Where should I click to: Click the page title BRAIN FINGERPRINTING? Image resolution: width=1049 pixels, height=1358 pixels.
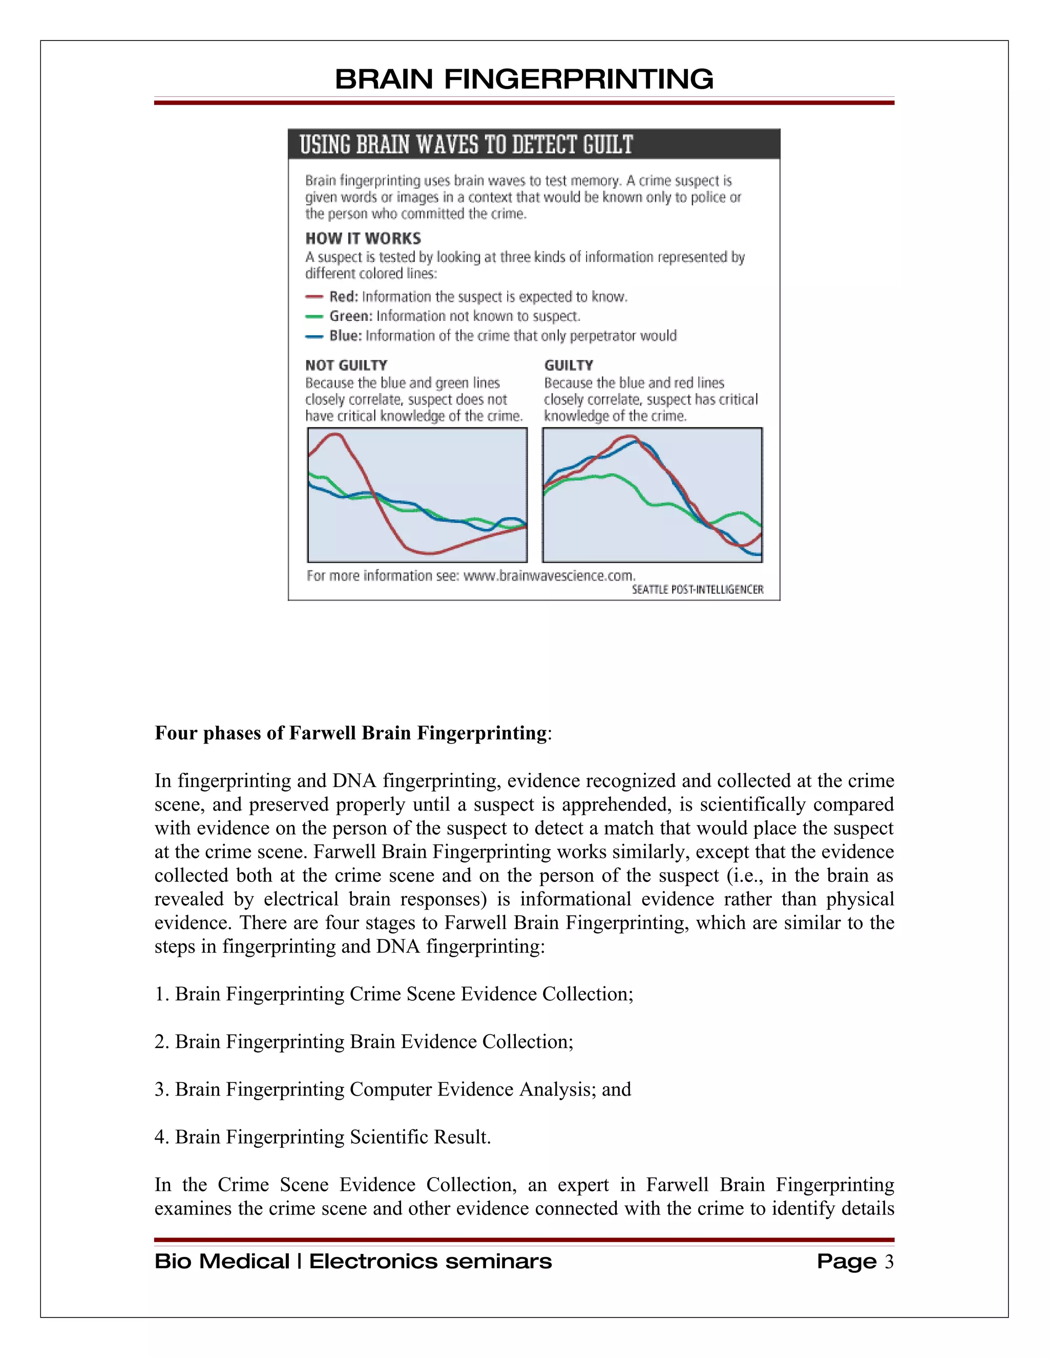[x=524, y=79]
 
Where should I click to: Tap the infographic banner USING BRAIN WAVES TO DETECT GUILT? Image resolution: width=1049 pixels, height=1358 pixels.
[x=466, y=145]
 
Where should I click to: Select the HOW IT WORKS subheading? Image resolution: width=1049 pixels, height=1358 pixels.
[x=363, y=239]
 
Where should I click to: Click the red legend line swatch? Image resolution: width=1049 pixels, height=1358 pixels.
[x=314, y=297]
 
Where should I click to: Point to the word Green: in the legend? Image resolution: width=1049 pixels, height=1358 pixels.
[x=351, y=317]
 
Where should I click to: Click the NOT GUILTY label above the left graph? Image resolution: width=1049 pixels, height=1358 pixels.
[x=346, y=365]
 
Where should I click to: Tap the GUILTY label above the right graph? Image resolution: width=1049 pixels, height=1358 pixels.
[x=569, y=365]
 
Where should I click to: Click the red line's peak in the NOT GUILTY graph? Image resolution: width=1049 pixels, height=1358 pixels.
[x=335, y=435]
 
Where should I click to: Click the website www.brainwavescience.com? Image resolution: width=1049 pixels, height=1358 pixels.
[x=549, y=576]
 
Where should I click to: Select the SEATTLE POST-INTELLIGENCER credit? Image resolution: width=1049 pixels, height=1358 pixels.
[x=697, y=589]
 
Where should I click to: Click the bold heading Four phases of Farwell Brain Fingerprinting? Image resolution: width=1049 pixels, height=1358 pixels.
[x=351, y=733]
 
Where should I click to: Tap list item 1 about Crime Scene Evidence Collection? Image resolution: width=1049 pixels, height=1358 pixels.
[x=394, y=994]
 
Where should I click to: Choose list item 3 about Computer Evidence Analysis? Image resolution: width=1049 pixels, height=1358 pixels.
[x=393, y=1089]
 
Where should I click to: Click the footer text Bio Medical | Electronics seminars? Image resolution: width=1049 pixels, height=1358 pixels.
[x=353, y=1262]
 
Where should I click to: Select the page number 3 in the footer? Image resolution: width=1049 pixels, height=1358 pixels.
[x=889, y=1262]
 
